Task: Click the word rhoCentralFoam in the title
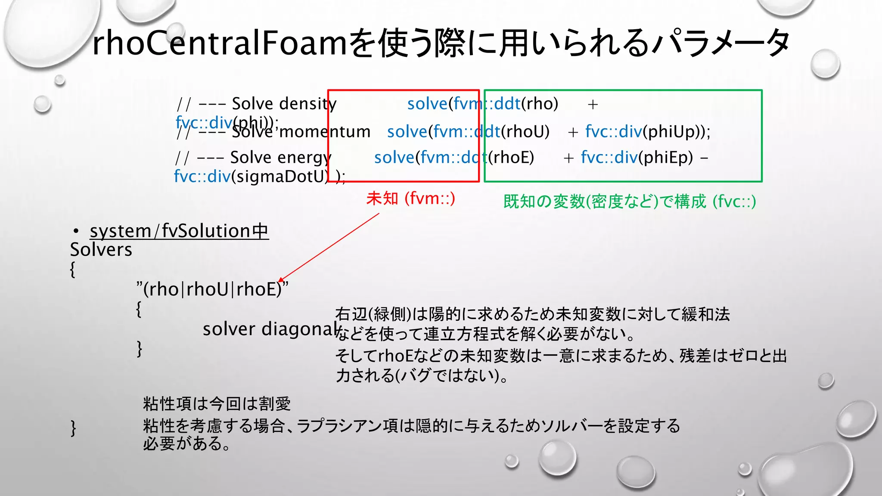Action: [220, 43]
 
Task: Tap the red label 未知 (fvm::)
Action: [410, 198]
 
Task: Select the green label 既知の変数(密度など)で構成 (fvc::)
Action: [629, 201]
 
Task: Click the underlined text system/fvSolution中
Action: [179, 231]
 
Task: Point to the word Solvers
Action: [101, 250]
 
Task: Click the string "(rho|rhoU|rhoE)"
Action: [212, 289]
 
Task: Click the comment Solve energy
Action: [280, 158]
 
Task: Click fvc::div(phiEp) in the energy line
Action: [637, 158]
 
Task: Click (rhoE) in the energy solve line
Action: [511, 158]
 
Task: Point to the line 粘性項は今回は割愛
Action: [217, 404]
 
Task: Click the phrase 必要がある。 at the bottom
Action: [186, 443]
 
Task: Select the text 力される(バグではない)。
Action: [422, 375]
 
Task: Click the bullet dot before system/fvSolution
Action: [76, 232]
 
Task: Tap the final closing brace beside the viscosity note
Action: [73, 428]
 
